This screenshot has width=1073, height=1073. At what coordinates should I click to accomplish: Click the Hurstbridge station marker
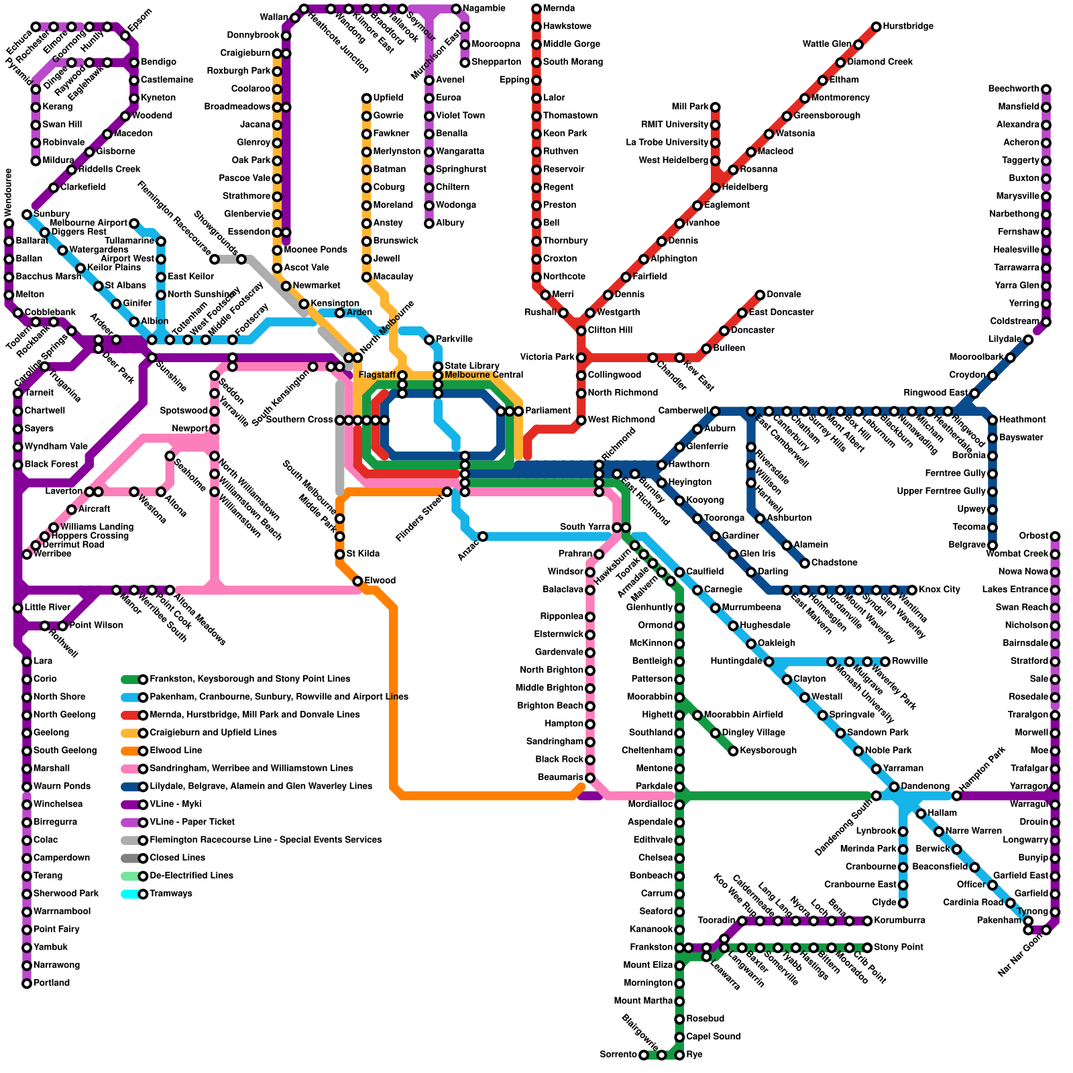[x=876, y=27]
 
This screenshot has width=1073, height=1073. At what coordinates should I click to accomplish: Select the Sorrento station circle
[x=644, y=1055]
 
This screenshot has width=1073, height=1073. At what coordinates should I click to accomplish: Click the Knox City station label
[x=939, y=589]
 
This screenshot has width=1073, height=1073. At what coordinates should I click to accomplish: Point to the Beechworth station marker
[x=1046, y=89]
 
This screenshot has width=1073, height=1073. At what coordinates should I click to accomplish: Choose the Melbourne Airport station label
[x=89, y=223]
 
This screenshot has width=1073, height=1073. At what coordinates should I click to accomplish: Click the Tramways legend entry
[x=171, y=893]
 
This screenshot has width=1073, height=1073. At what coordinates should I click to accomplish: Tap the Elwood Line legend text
[x=176, y=750]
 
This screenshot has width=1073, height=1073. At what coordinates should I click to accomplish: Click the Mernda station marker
[x=536, y=9]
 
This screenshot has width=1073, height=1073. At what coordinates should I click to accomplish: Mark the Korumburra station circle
[x=867, y=921]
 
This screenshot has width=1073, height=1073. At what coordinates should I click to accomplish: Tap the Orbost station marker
[x=1055, y=536]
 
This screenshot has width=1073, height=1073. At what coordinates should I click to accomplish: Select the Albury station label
[x=450, y=223]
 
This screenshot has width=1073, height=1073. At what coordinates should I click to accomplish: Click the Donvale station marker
[x=760, y=295]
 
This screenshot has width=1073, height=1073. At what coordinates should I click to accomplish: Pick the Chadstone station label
[x=834, y=563]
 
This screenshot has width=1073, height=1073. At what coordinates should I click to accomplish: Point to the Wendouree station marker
[x=9, y=223]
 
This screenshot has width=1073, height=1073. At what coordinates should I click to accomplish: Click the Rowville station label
[x=910, y=661]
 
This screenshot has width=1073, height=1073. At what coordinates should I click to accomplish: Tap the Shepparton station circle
[x=465, y=62]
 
